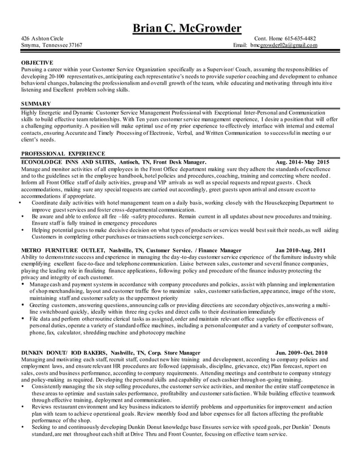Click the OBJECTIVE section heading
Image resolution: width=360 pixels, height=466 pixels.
tap(37, 62)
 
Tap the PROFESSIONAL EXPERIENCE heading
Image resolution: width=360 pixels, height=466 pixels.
tap(63, 153)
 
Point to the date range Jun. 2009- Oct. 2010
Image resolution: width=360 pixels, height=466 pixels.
tap(301, 352)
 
